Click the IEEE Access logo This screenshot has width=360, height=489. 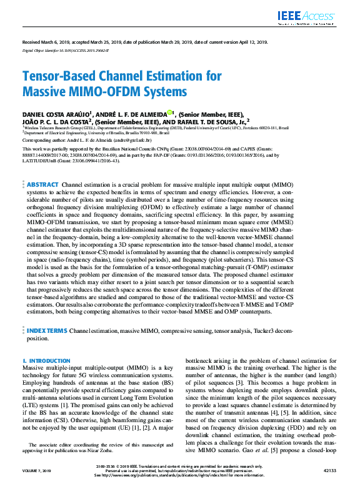pos(306,17)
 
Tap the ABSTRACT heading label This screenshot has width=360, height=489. pos(42,185)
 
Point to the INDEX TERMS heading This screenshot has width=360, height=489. pos(46,329)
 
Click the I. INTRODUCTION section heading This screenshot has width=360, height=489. pos(46,361)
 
